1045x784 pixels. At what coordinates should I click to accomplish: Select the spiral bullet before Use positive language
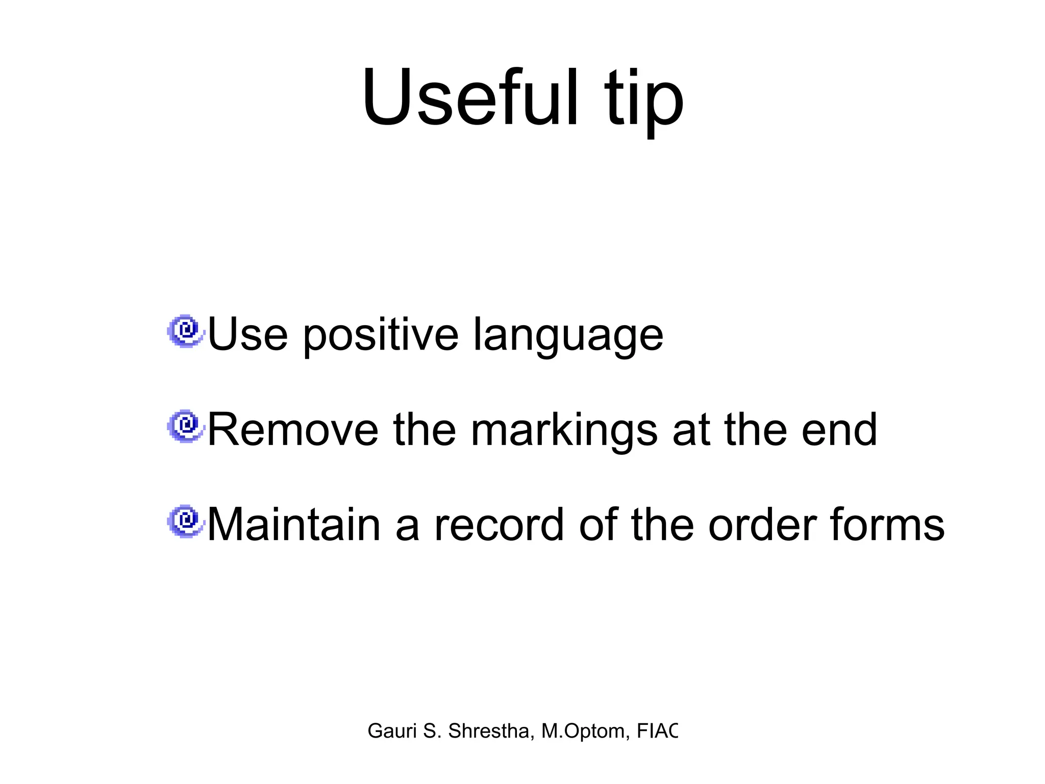[x=186, y=331]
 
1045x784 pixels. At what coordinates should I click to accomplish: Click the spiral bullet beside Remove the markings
[x=186, y=426]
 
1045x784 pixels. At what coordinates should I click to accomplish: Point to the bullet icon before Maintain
[x=186, y=521]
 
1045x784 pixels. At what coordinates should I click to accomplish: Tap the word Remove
[x=293, y=430]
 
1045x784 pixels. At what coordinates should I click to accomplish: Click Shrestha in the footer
[x=488, y=731]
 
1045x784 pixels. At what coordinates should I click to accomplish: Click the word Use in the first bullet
[x=247, y=335]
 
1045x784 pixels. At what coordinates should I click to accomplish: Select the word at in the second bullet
[x=691, y=431]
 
